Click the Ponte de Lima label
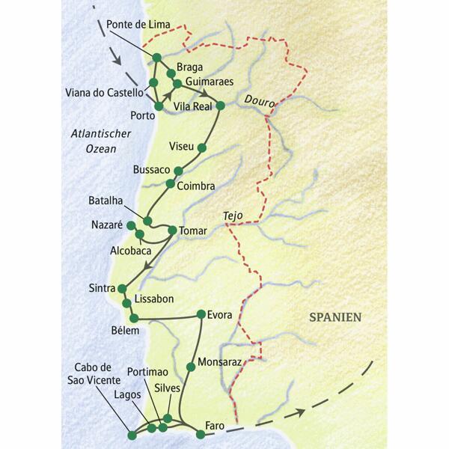pyautogui.click(x=138, y=25)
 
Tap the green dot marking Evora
pyautogui.click(x=201, y=314)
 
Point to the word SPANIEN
pyautogui.click(x=335, y=317)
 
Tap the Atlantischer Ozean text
pyautogui.click(x=100, y=141)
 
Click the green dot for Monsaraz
pyautogui.click(x=191, y=366)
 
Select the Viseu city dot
pyautogui.click(x=201, y=147)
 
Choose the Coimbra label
pyautogui.click(x=196, y=186)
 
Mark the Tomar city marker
pyautogui.click(x=172, y=230)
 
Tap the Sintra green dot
pyautogui.click(x=121, y=289)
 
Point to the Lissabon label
pyautogui.click(x=153, y=299)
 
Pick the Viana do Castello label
pyautogui.click(x=109, y=93)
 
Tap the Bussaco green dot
pyautogui.click(x=177, y=171)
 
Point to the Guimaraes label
pyautogui.click(x=210, y=82)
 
